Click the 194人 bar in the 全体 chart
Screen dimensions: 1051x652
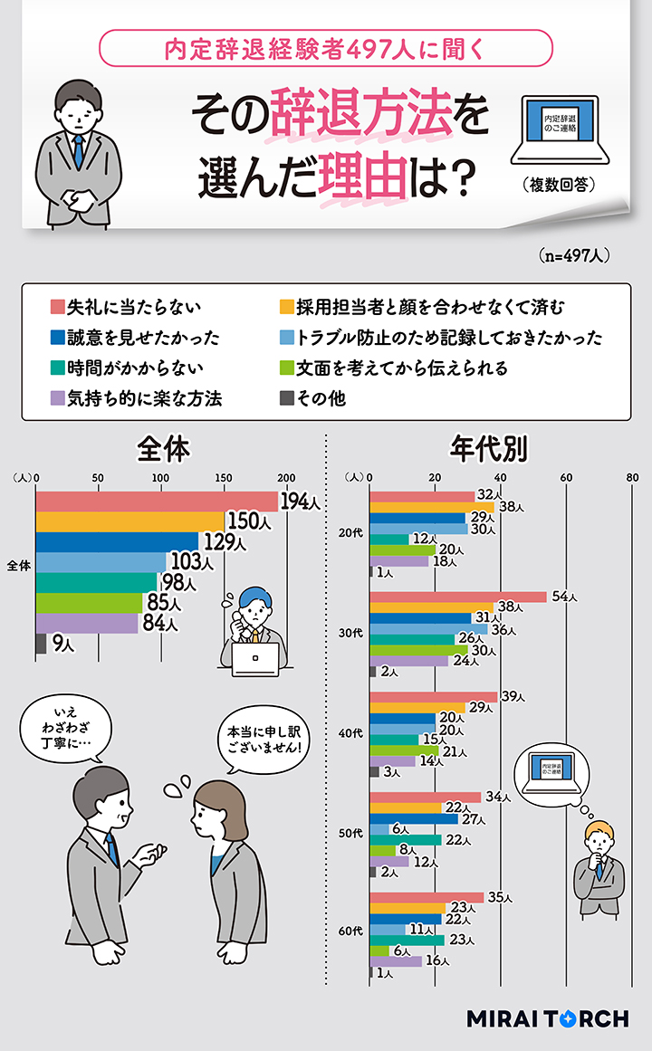[156, 502]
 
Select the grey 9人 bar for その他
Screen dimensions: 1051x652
[41, 644]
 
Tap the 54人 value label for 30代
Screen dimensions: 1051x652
[563, 597]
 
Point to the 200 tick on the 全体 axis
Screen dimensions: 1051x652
[286, 478]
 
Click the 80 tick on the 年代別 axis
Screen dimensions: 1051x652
[632, 478]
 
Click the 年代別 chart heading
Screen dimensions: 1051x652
[489, 449]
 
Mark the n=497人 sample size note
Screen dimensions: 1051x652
[572, 256]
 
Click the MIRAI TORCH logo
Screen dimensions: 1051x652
[547, 1018]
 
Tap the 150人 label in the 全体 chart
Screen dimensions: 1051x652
[244, 521]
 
